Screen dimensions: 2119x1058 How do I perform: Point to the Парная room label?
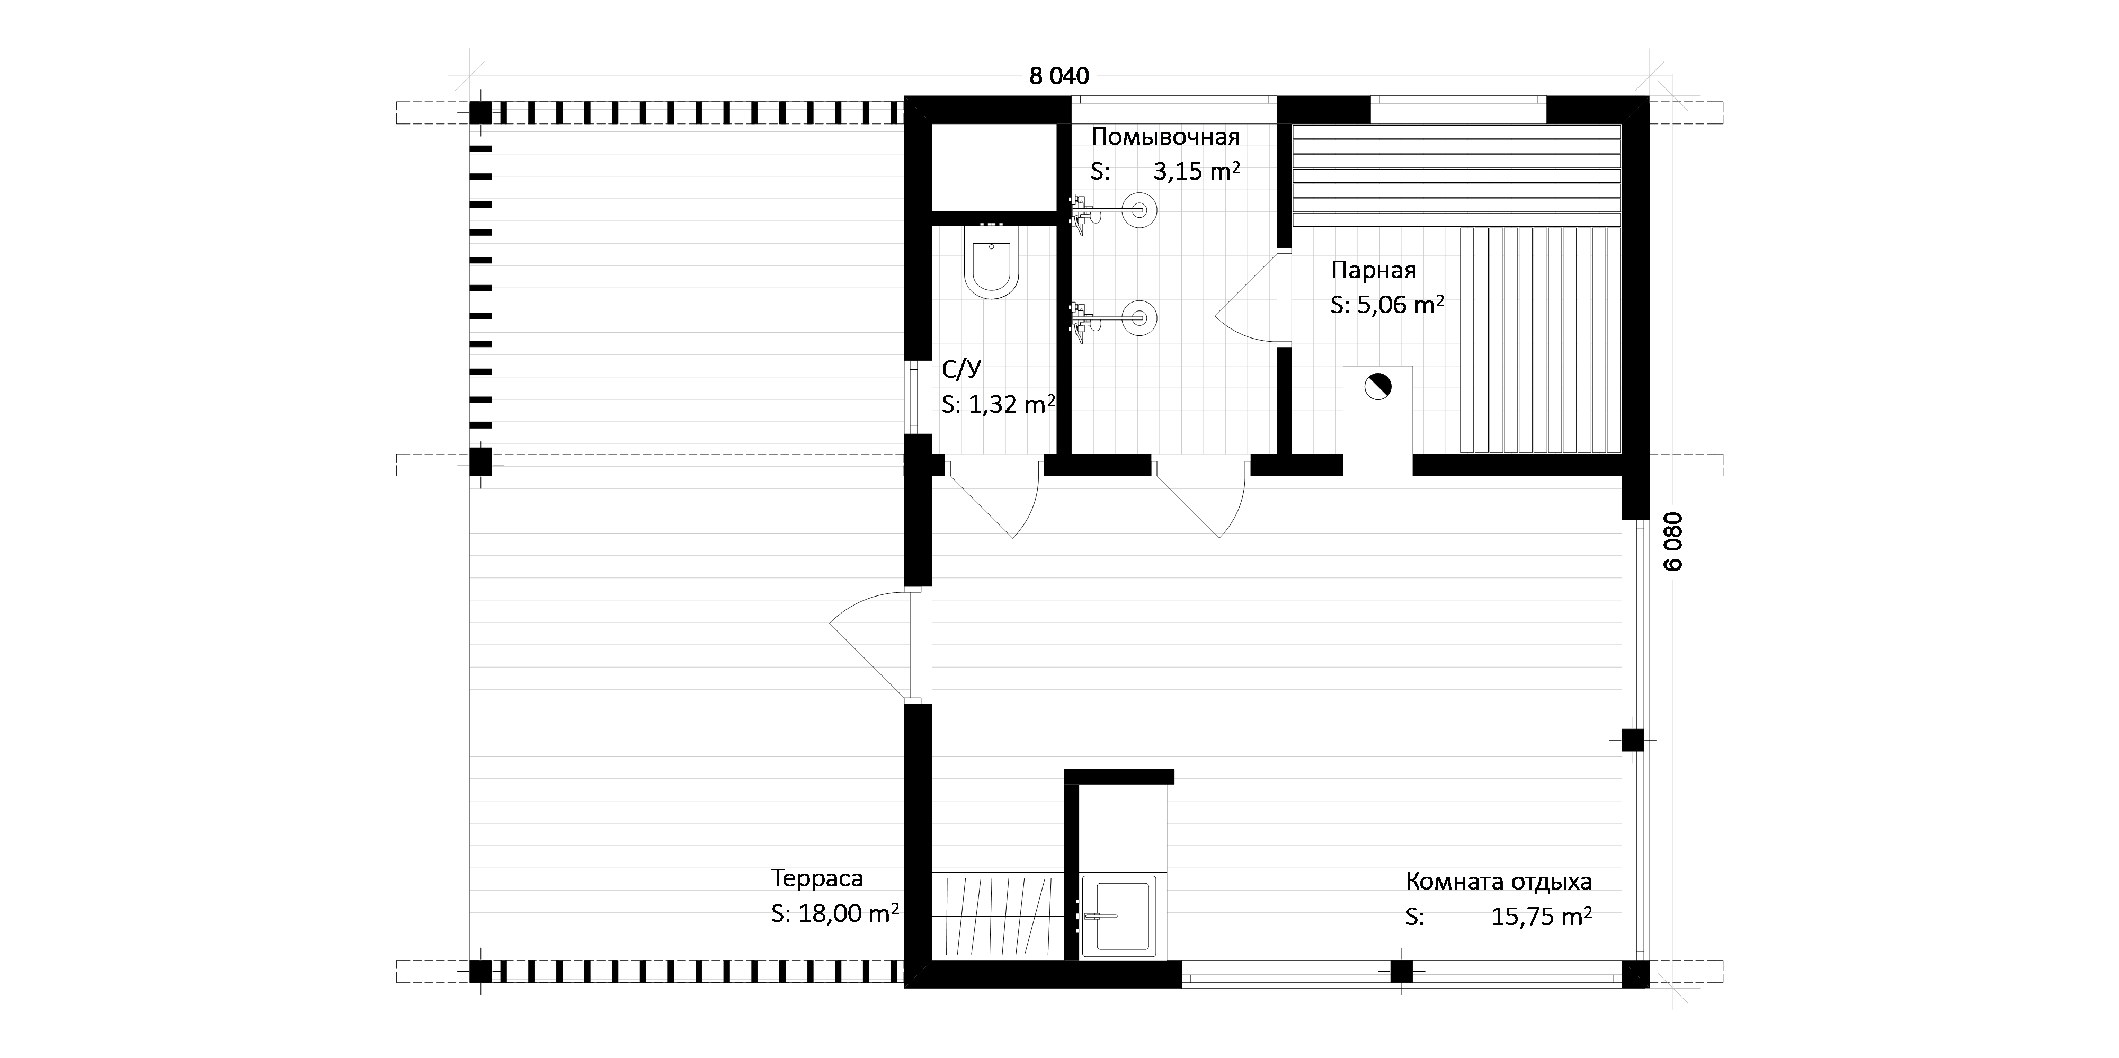(x=1374, y=270)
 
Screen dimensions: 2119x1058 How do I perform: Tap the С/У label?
(x=961, y=369)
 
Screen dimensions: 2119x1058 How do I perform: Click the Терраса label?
(x=817, y=878)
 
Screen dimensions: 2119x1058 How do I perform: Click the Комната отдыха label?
(x=1499, y=882)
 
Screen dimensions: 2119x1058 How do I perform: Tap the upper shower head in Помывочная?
(x=1140, y=210)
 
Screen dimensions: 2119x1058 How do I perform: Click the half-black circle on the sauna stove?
(x=1377, y=386)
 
